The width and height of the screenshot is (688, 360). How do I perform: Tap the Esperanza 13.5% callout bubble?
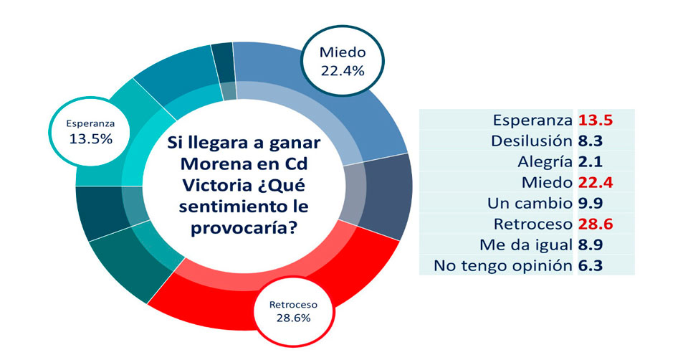[x=90, y=131]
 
